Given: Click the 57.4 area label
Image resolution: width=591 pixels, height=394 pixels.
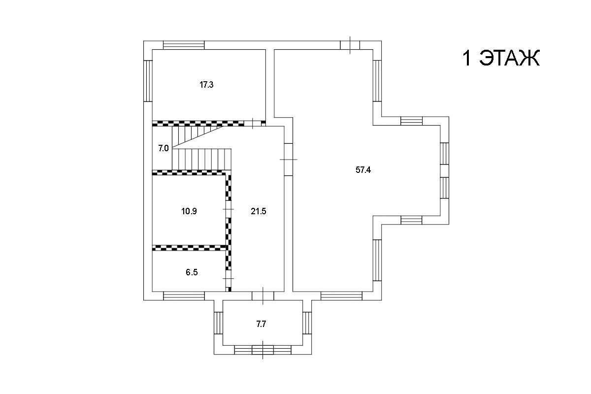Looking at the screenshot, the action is click(363, 170).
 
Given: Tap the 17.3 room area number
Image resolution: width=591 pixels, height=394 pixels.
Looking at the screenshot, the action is click(206, 85).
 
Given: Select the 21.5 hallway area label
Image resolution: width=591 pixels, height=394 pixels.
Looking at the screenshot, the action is click(258, 211).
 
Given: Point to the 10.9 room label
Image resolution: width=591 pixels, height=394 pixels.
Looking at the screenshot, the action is click(189, 211).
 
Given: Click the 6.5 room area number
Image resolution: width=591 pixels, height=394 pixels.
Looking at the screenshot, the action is click(192, 272).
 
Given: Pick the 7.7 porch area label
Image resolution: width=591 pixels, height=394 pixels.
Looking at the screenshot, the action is click(261, 324).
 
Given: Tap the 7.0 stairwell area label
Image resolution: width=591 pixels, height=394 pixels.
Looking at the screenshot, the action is click(164, 148).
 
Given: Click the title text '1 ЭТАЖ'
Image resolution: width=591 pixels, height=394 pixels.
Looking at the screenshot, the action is click(501, 58).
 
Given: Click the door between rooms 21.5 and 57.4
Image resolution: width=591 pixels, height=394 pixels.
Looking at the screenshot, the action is click(289, 160).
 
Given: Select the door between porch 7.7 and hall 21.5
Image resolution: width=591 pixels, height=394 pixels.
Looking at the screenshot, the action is click(263, 296).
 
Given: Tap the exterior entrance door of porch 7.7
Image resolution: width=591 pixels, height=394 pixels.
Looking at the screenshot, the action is click(263, 350).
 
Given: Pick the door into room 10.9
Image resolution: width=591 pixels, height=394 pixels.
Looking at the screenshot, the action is click(229, 209).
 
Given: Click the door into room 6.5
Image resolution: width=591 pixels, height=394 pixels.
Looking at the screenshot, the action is click(229, 278).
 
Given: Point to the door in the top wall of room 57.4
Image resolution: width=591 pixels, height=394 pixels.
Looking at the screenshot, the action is click(350, 45).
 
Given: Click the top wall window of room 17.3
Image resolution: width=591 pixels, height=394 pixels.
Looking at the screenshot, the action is click(184, 45).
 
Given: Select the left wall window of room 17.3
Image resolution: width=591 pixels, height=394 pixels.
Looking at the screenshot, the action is click(148, 81).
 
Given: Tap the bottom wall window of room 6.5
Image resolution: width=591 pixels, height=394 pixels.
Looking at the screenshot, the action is click(184, 296).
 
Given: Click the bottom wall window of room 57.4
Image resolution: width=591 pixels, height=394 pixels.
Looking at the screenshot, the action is click(341, 296).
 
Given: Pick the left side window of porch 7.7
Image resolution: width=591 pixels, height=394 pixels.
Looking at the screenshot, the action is click(219, 323).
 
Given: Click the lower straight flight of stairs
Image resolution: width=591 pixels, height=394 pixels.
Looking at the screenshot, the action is click(202, 160).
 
